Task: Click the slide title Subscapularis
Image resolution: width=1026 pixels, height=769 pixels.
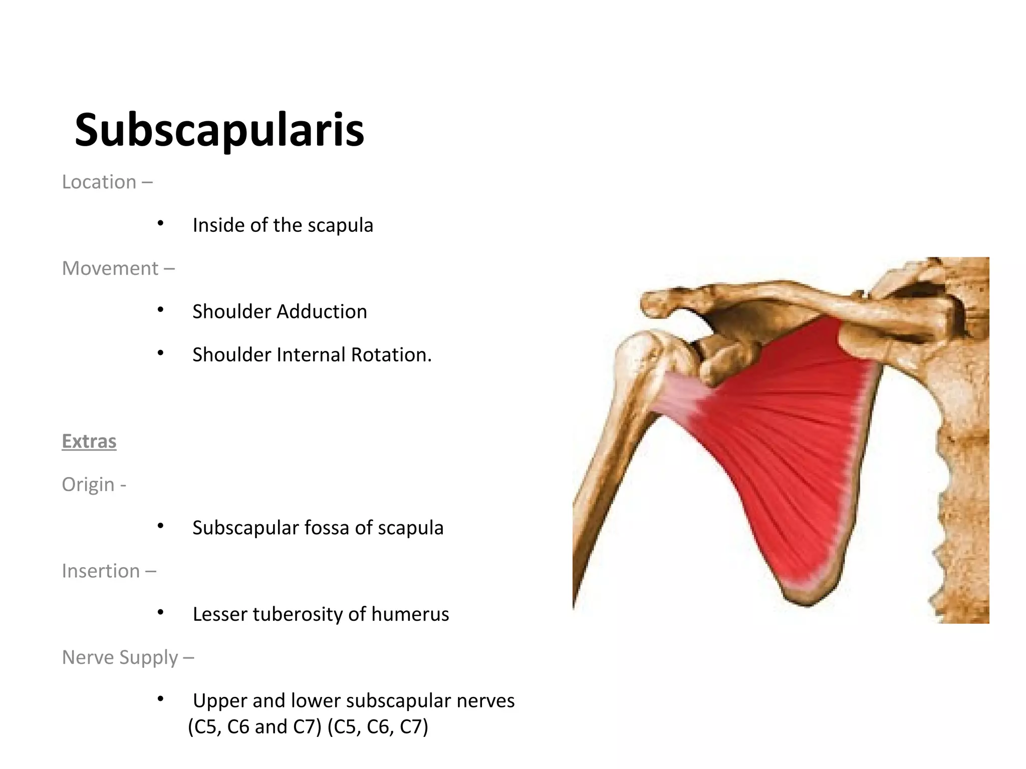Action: pyautogui.click(x=219, y=130)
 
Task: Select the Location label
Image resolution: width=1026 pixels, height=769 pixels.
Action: pyautogui.click(x=99, y=182)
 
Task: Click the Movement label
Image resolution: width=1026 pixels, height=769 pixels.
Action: pyautogui.click(x=110, y=269)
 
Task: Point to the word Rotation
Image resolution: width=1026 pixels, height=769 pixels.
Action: pyautogui.click(x=391, y=355)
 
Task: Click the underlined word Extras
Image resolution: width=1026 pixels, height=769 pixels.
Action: pyautogui.click(x=89, y=442)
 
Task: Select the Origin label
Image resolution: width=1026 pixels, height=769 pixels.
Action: pyautogui.click(x=88, y=485)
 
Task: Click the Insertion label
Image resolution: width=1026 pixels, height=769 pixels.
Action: pyautogui.click(x=101, y=571)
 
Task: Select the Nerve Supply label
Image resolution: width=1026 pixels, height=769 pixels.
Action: pyautogui.click(x=120, y=657)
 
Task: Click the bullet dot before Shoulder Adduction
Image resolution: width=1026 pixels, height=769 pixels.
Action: pyautogui.click(x=160, y=310)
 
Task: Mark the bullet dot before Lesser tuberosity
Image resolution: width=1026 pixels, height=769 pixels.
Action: pyautogui.click(x=160, y=613)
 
